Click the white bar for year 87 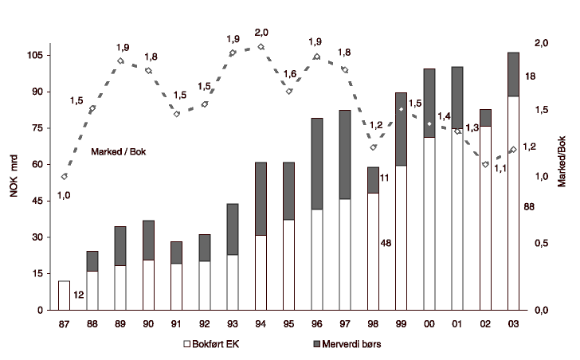[64, 295]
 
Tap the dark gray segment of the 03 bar [513, 74]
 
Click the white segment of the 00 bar [429, 223]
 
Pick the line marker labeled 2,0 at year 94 [261, 47]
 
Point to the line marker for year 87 [65, 176]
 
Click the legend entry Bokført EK [212, 344]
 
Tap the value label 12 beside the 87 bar [79, 295]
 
